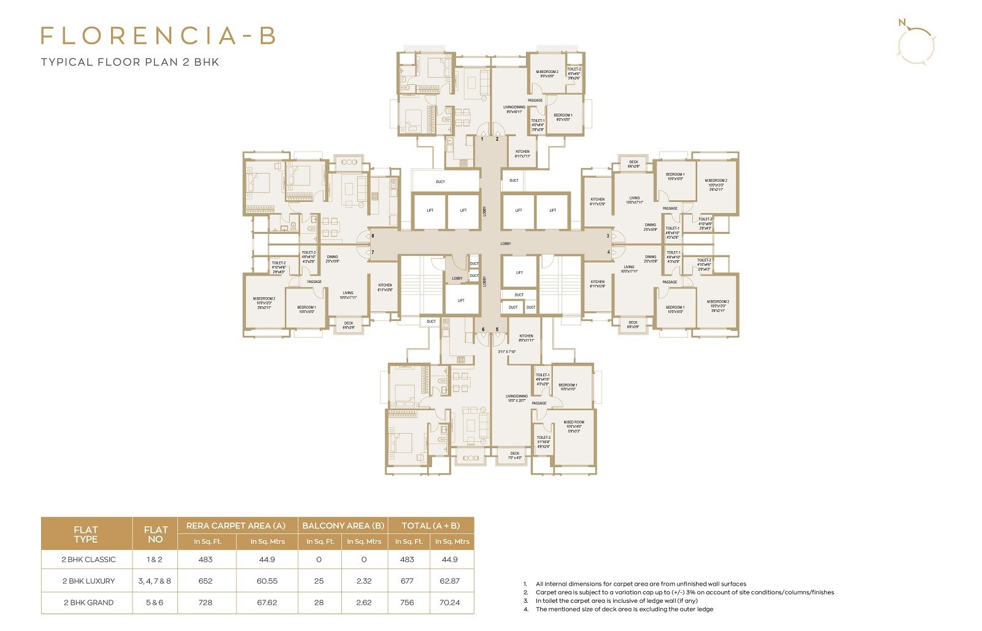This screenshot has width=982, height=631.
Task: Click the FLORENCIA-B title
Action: tap(158, 36)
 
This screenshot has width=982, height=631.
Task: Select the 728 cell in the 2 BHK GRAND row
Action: tap(206, 603)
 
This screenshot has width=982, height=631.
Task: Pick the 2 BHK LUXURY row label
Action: tap(88, 581)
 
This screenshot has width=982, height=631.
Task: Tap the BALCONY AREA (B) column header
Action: tap(343, 525)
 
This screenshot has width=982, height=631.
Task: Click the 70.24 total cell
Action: tap(449, 603)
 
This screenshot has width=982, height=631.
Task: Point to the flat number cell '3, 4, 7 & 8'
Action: tap(155, 581)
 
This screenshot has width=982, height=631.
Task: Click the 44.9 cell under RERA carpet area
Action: tap(267, 559)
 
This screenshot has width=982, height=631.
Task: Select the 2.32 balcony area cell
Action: tap(364, 581)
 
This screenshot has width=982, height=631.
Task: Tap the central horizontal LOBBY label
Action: tap(506, 244)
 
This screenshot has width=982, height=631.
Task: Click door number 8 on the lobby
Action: tap(373, 236)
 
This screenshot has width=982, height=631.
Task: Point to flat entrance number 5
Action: tap(497, 330)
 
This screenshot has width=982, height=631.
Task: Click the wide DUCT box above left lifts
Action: tap(441, 182)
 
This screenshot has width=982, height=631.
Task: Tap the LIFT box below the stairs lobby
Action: tap(461, 301)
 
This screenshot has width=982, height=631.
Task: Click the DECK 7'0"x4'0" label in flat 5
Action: tap(514, 455)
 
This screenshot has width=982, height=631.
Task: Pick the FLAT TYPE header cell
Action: tap(86, 534)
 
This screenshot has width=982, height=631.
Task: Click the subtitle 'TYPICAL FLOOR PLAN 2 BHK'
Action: tap(130, 62)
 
